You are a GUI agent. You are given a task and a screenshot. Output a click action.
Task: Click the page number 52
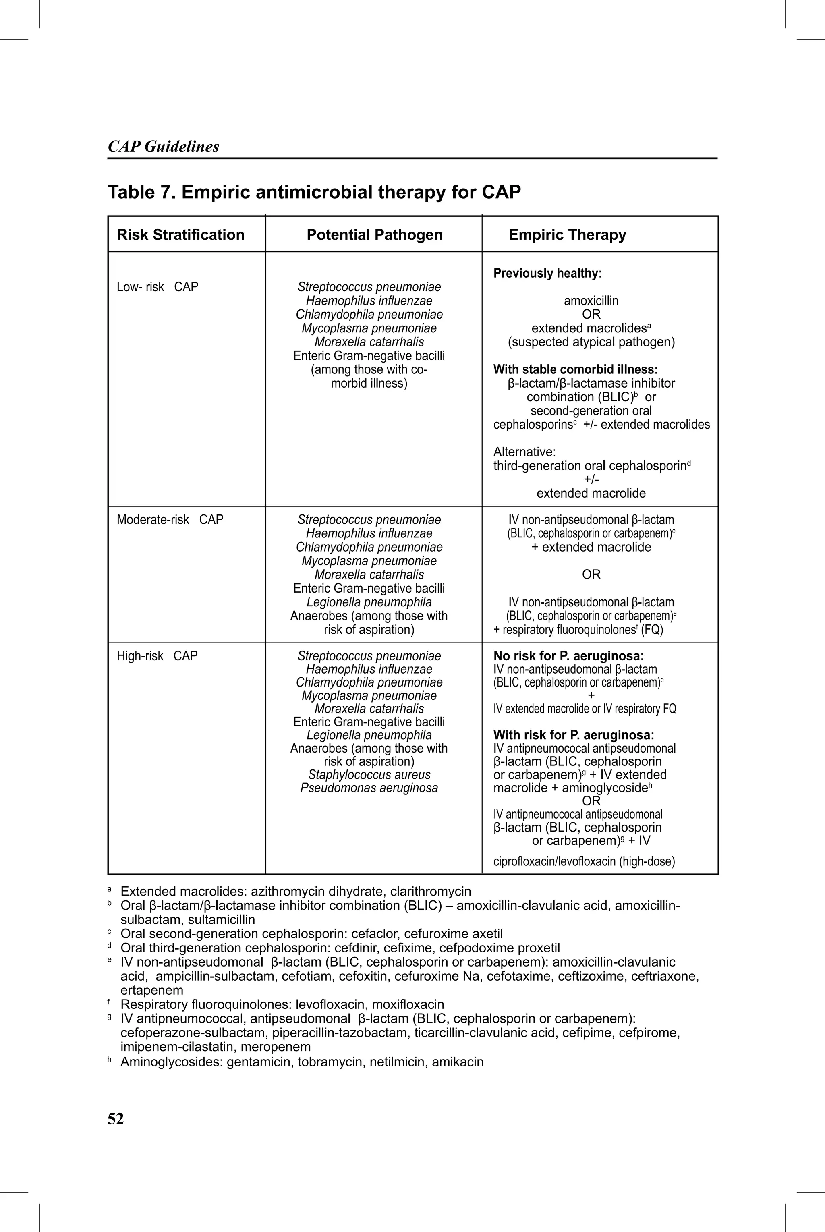click(x=116, y=1119)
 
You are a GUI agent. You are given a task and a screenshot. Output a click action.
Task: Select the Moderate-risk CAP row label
click(x=170, y=520)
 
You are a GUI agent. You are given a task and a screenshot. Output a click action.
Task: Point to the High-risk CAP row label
click(x=157, y=656)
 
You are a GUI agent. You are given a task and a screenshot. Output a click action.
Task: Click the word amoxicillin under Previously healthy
click(x=591, y=301)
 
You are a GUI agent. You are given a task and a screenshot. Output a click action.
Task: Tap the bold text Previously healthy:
click(x=547, y=274)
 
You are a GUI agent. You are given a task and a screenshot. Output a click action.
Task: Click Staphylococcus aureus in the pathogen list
click(x=369, y=775)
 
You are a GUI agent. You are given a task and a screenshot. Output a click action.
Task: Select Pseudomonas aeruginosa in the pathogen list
click(x=369, y=788)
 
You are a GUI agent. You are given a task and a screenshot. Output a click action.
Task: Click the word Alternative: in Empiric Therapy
click(x=524, y=452)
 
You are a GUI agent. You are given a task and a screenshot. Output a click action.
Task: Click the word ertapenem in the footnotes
click(x=151, y=991)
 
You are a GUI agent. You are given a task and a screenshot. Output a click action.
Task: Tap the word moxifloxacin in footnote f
click(x=407, y=1005)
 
